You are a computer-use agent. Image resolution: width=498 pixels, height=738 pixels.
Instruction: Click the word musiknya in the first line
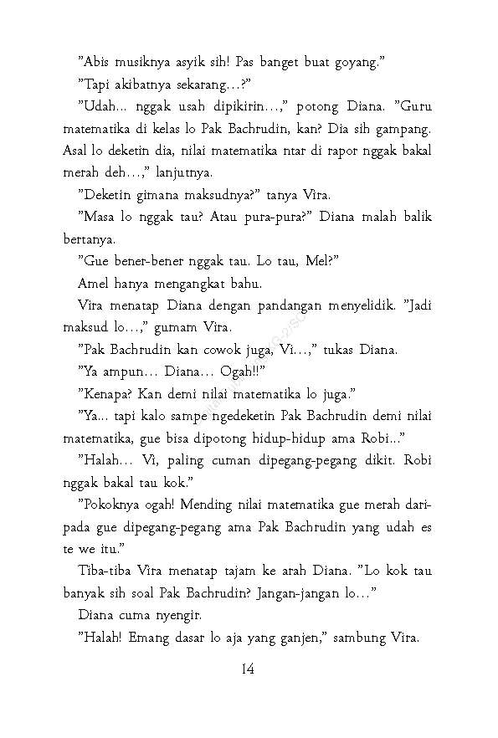tap(138, 61)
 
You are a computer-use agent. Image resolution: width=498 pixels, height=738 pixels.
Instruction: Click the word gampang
tap(405, 131)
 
